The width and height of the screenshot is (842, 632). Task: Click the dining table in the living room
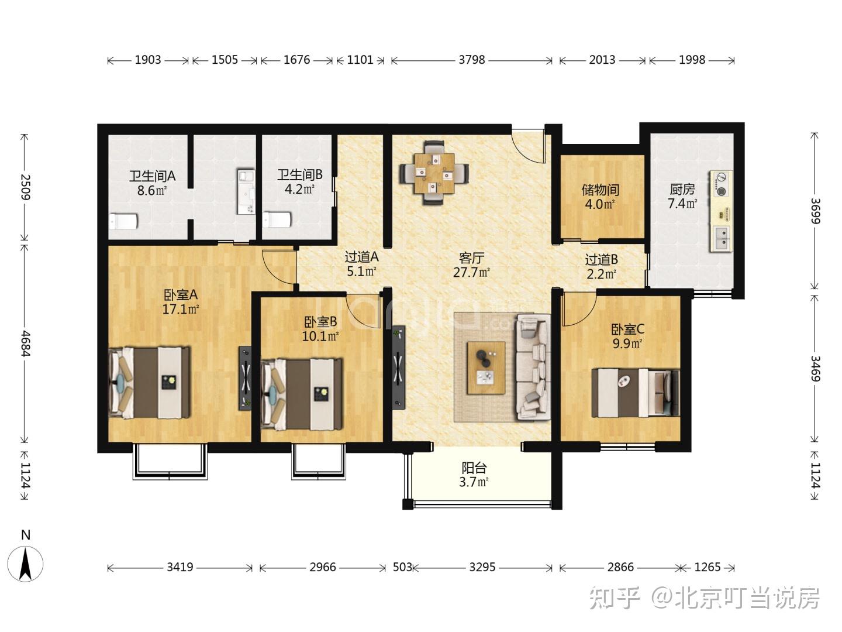tap(434, 173)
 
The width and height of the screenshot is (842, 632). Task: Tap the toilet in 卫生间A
tap(123, 221)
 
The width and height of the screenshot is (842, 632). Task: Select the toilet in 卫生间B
tap(277, 219)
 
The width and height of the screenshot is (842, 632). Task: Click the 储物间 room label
tap(600, 189)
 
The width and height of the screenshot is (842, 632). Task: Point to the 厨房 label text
tap(682, 189)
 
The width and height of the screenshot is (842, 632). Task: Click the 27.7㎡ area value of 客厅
tap(471, 273)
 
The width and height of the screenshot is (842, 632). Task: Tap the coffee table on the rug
tap(486, 367)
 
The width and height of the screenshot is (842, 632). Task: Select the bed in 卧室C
tap(636, 393)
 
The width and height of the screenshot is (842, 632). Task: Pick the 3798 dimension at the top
tap(472, 60)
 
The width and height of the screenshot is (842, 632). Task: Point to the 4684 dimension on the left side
tap(25, 343)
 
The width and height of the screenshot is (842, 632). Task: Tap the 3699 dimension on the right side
tap(815, 211)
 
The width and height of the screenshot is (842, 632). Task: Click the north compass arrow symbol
tap(26, 564)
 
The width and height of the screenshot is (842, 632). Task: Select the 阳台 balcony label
tap(474, 468)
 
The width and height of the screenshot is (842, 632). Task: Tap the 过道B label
tap(601, 260)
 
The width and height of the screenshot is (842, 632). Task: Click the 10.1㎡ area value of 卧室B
tap(320, 336)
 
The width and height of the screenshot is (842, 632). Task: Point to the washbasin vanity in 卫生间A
tap(246, 191)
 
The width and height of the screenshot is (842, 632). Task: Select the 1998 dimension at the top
tap(692, 60)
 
